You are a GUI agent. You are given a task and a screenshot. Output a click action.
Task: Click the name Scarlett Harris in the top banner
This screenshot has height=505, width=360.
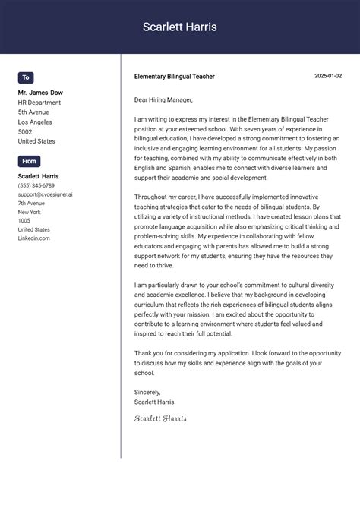click(180, 27)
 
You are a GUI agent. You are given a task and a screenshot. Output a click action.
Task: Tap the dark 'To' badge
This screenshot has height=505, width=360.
click(26, 77)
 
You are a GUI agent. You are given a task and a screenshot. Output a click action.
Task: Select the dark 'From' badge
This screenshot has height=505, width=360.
click(29, 161)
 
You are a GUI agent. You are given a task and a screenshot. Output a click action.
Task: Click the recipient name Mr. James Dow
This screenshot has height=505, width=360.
click(40, 93)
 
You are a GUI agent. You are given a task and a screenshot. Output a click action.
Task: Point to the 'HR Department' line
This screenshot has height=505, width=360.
click(39, 103)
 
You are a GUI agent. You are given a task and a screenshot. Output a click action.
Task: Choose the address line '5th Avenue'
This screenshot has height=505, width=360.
click(34, 112)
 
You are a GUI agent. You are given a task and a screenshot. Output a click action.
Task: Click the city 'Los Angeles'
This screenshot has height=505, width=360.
click(35, 122)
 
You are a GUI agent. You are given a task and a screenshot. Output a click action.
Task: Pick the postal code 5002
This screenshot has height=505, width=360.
click(25, 131)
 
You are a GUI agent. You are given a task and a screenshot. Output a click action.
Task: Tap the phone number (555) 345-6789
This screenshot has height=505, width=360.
click(36, 185)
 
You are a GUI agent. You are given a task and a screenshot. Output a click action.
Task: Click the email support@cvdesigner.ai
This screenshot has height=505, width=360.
click(46, 194)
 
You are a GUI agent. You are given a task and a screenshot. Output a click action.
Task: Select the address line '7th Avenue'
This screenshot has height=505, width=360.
click(32, 204)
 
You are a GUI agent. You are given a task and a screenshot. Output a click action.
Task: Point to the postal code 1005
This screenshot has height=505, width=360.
click(24, 221)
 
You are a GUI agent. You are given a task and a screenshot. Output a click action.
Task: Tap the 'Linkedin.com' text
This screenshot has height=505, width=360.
click(34, 238)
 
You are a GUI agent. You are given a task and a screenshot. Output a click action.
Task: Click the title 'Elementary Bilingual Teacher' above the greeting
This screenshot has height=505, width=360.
click(174, 77)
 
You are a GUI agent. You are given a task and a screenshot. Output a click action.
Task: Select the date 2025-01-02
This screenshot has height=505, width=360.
click(328, 77)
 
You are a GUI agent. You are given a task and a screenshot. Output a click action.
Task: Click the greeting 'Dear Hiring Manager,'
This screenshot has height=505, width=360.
click(163, 99)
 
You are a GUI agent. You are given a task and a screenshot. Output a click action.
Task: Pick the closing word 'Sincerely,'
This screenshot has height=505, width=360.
click(148, 392)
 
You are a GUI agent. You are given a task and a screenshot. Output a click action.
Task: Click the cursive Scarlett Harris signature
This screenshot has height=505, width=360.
click(160, 418)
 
